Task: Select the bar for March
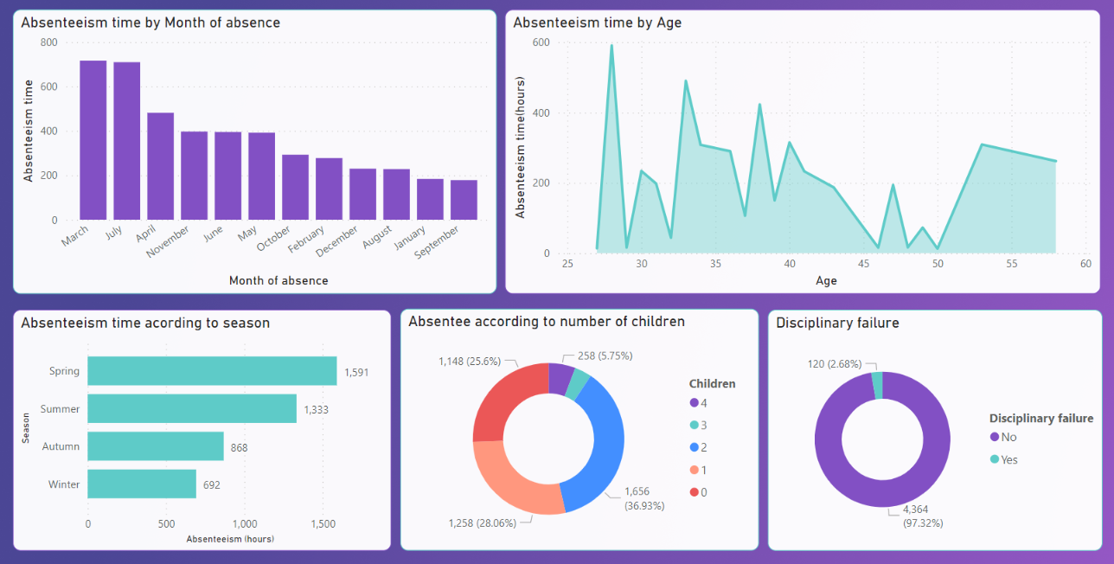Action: [x=93, y=140]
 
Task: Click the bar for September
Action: [x=464, y=200]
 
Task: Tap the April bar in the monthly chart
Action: [x=160, y=166]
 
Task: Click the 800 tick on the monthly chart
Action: [x=48, y=42]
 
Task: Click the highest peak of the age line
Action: [x=611, y=46]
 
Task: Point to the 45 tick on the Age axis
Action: [x=863, y=264]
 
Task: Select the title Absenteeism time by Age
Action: [x=597, y=22]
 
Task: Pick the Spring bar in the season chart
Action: [x=212, y=371]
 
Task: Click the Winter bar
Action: [x=142, y=484]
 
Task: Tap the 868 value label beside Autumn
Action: [x=240, y=447]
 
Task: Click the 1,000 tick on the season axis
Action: [x=245, y=524]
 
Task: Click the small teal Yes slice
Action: [x=877, y=386]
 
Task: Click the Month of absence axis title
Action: [x=278, y=280]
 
